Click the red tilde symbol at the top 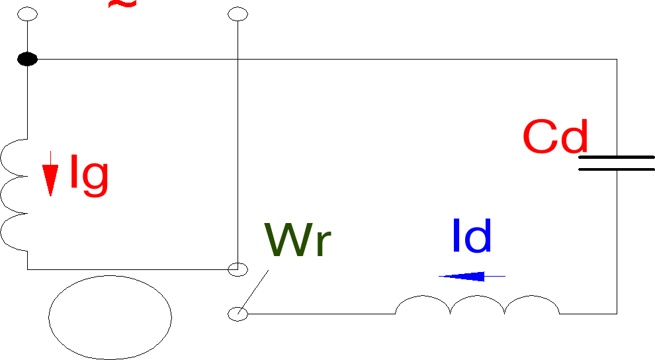coord(122,4)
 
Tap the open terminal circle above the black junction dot coord(27,13)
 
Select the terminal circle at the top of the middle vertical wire coord(237,13)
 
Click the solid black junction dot coord(27,60)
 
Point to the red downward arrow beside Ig coord(50,173)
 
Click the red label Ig coord(89,175)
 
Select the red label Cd coord(554,137)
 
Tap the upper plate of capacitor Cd coord(617,157)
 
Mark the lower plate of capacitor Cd coord(617,169)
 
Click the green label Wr coord(297,240)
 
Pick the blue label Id coord(471,236)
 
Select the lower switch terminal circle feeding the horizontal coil coord(238,314)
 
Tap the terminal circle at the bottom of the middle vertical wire coord(238,269)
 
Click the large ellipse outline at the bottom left coord(110,318)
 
